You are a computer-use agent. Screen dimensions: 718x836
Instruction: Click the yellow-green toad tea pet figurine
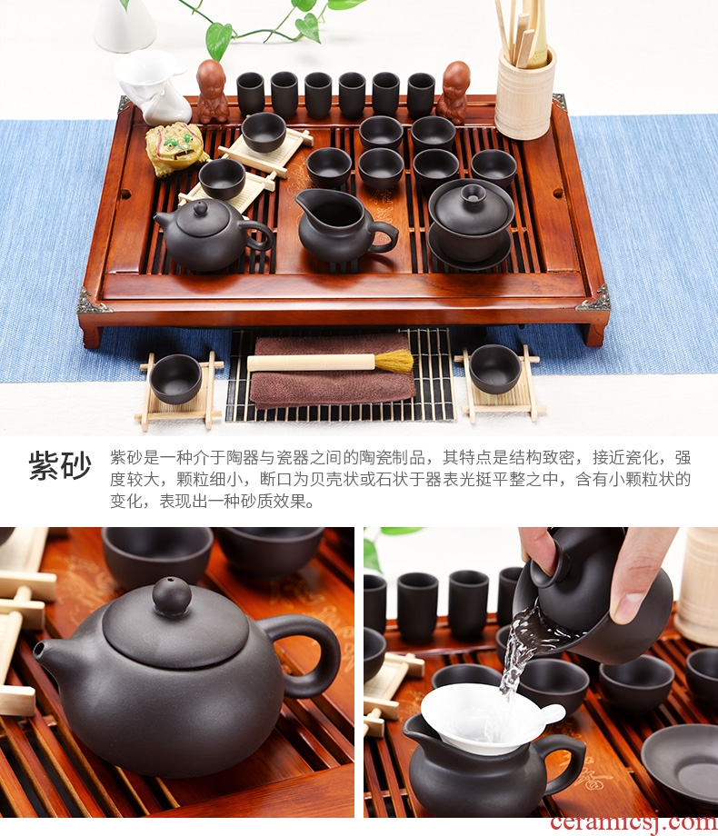176,148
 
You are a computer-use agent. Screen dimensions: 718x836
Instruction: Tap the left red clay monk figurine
213,92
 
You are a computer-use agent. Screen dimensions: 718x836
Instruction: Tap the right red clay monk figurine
454,93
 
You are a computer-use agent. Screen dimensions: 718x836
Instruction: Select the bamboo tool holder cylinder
525,94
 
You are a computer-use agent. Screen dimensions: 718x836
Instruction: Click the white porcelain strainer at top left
154,86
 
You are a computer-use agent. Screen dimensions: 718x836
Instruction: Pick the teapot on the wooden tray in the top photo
212,235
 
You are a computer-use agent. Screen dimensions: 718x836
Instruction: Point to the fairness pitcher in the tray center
344,224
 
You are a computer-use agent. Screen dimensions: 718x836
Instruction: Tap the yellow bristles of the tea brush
394,362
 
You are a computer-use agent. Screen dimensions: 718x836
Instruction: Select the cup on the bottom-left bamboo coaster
175,379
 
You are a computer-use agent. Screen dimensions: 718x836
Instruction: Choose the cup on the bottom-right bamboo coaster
495,369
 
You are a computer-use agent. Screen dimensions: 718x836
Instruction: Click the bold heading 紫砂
60,465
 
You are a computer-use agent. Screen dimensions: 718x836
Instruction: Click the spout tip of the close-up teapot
38,650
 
